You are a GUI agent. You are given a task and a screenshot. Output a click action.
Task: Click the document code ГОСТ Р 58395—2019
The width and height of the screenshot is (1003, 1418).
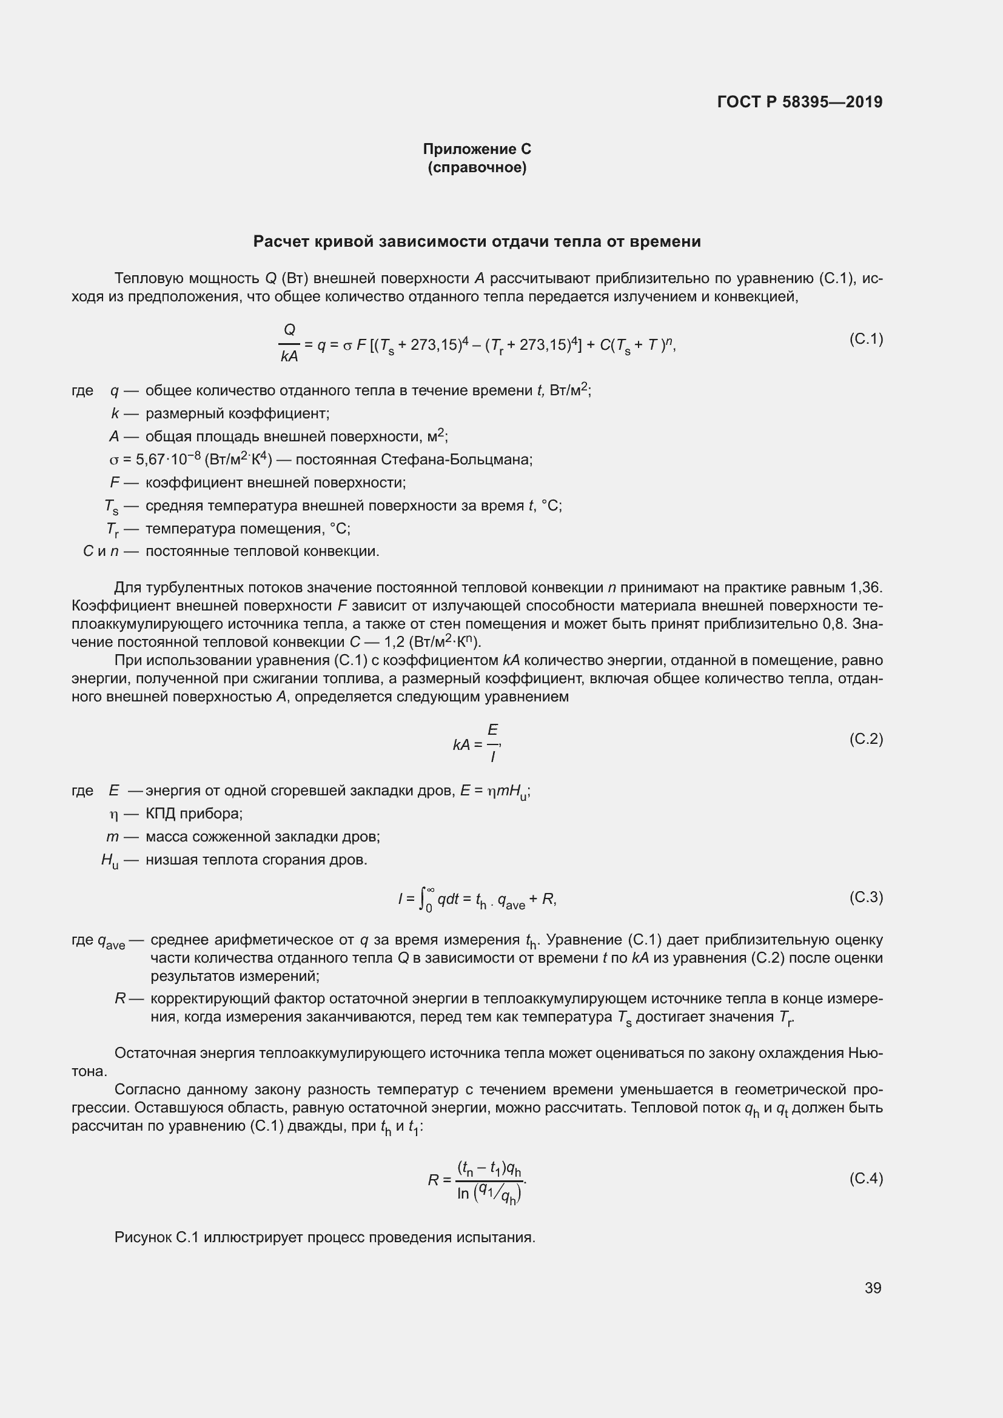point(800,102)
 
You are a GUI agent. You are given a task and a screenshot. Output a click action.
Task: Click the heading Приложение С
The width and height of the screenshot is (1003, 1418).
point(477,149)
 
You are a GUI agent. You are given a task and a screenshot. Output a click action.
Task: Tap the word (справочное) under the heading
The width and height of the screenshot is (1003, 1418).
point(477,167)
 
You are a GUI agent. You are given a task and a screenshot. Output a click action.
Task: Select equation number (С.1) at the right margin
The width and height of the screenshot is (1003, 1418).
point(866,338)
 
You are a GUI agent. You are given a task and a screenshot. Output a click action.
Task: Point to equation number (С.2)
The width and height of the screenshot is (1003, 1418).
point(866,738)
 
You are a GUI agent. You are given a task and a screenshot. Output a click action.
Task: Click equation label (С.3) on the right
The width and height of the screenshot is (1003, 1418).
point(866,897)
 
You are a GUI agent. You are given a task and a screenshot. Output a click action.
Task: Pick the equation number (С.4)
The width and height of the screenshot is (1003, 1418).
point(866,1179)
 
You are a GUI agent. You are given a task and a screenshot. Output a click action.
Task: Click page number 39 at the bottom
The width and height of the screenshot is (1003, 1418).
point(873,1288)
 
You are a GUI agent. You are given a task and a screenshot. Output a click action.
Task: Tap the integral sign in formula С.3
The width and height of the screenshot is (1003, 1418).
point(424,898)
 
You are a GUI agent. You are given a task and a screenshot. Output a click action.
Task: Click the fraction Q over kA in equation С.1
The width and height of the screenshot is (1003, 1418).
point(289,343)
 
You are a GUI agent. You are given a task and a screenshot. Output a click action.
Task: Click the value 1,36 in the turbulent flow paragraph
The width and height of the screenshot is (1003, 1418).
point(866,587)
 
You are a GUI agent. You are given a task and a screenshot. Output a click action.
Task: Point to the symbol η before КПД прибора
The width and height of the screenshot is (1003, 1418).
point(113,814)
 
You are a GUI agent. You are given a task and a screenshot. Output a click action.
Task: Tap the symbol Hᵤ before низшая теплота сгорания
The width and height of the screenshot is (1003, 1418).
point(109,860)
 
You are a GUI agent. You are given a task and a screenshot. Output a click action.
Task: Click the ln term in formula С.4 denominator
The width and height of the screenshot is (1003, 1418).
point(463,1194)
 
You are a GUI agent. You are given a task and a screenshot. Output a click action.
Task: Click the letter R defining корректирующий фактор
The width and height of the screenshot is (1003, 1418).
point(121,998)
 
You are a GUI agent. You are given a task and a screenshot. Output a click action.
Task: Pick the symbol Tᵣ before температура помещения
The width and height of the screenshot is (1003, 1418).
point(112,529)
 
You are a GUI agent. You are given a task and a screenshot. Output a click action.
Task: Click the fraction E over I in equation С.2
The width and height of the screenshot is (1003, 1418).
point(493,743)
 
